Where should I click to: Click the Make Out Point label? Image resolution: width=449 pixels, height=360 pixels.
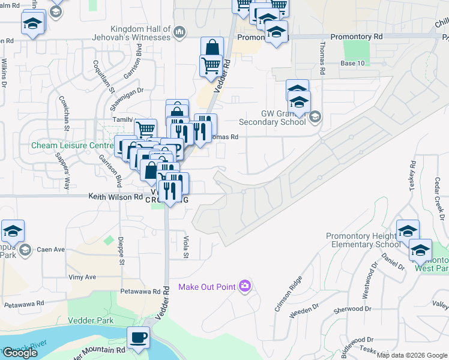pos(206,286)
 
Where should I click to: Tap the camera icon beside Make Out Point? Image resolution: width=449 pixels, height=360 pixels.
pos(244,286)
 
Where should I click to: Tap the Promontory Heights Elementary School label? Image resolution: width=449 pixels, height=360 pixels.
pos(364,240)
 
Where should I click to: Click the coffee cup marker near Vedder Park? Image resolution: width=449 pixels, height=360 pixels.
pos(138,337)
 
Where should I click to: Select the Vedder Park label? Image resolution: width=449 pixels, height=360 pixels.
pos(91,320)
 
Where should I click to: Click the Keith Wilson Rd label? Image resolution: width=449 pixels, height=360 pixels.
pos(115,196)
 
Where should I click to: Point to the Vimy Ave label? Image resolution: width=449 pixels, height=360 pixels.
pos(82,277)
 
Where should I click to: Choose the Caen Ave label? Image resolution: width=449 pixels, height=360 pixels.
pos(50,249)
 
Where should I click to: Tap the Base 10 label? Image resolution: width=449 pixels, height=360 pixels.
pos(352,63)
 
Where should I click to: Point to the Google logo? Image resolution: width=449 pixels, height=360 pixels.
pos(20,353)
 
